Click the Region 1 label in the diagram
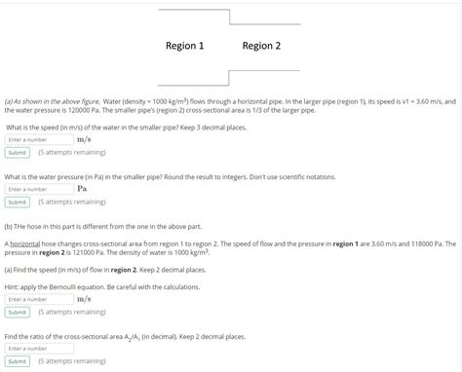(184, 46)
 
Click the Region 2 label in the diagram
(261, 46)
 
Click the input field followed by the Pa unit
(38, 189)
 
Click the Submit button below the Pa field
(17, 202)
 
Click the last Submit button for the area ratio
(17, 360)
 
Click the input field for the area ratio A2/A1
(38, 348)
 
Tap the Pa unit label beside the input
(82, 189)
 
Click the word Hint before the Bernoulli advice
(14, 287)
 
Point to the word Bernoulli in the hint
(74, 287)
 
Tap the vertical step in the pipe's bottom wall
(229, 78)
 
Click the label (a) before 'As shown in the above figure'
(9, 100)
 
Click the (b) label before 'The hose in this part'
(10, 224)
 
